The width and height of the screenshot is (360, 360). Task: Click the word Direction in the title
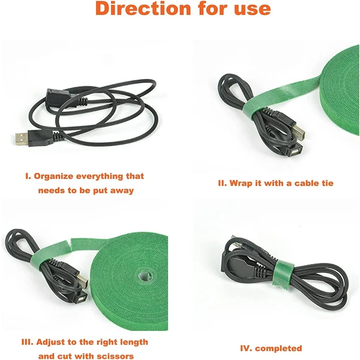[143, 9]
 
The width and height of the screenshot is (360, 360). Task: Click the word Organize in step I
[54, 176]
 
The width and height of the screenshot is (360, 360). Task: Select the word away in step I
[122, 191]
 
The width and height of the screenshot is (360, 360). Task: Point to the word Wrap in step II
[241, 184]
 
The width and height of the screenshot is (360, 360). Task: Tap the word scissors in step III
[115, 356]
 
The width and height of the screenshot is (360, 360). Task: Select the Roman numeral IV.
[246, 348]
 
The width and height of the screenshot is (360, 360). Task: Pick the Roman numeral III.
[27, 342]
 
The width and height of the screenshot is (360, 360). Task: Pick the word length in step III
[133, 342]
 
